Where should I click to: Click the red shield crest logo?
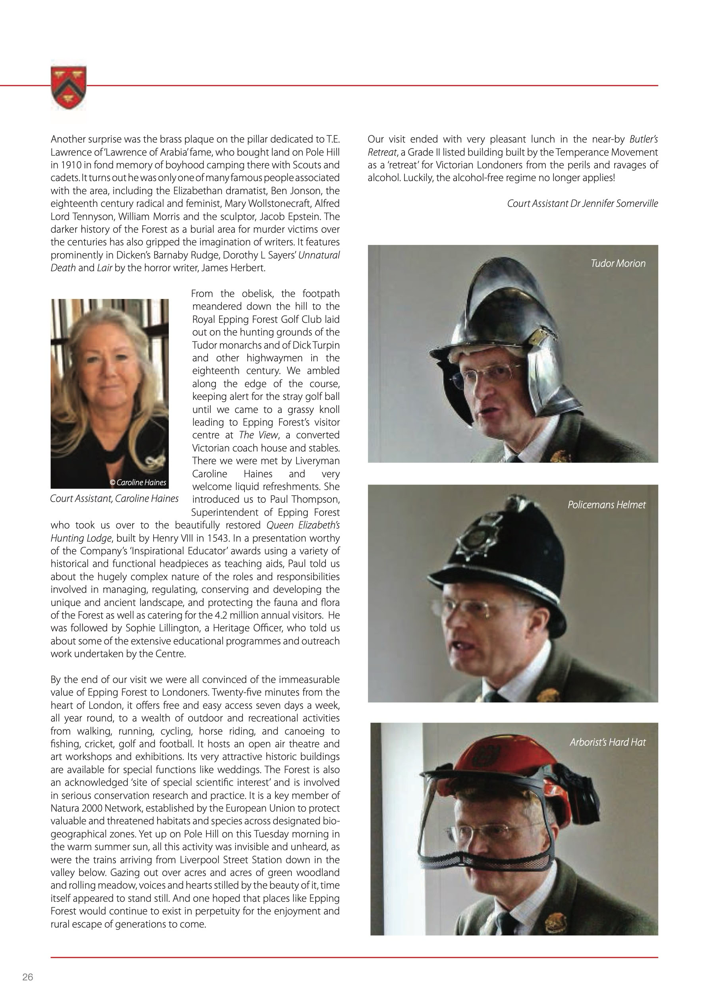[69, 87]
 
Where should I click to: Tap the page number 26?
[27, 977]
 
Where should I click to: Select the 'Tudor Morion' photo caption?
[617, 263]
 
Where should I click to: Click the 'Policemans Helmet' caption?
[606, 505]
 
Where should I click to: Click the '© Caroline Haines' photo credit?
[138, 482]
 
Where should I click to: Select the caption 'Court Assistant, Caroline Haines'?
[114, 498]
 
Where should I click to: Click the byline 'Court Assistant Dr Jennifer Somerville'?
[582, 204]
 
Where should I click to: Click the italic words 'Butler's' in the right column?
[643, 139]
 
